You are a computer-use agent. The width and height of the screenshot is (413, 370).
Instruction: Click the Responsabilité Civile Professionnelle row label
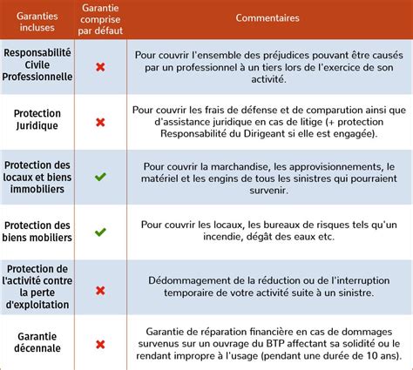pos(37,66)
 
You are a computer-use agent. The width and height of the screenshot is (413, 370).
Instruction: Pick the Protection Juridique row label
pos(37,121)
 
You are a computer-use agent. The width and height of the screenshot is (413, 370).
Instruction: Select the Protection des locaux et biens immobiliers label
pos(37,178)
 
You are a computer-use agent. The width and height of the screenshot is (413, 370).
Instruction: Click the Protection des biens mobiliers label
pos(37,232)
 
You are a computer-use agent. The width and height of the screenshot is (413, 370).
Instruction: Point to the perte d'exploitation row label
pos(37,287)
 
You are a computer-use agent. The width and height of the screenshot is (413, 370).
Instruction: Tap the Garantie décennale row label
pos(37,342)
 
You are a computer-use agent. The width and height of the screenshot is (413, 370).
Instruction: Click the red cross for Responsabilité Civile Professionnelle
pos(100,67)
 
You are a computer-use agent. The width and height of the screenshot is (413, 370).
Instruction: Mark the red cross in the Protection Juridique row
pos(100,122)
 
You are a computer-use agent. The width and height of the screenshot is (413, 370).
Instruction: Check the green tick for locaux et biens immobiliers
pos(100,178)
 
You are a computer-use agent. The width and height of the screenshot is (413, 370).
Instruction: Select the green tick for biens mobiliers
pos(100,232)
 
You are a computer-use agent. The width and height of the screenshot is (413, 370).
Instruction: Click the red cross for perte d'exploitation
pos(100,288)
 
